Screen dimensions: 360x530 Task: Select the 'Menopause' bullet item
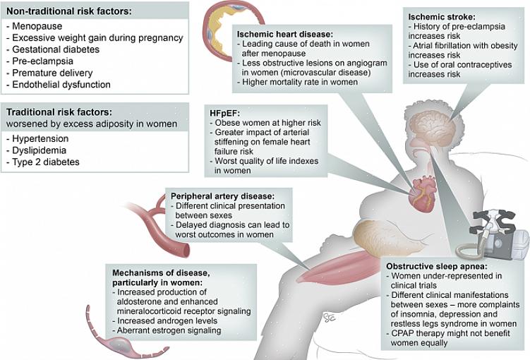click(x=36, y=27)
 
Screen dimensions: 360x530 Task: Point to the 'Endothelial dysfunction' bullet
click(x=61, y=85)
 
